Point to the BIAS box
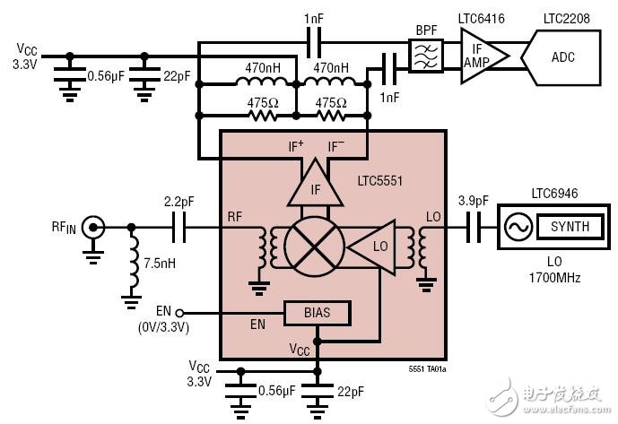pos(317,314)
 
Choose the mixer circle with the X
pos(314,242)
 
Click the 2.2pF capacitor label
pos(180,202)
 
